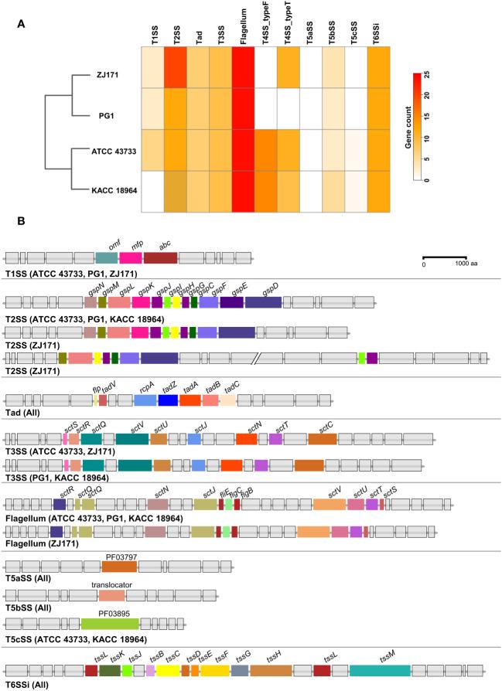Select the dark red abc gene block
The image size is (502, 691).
[x=160, y=257]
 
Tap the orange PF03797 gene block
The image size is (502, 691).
[x=119, y=567]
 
